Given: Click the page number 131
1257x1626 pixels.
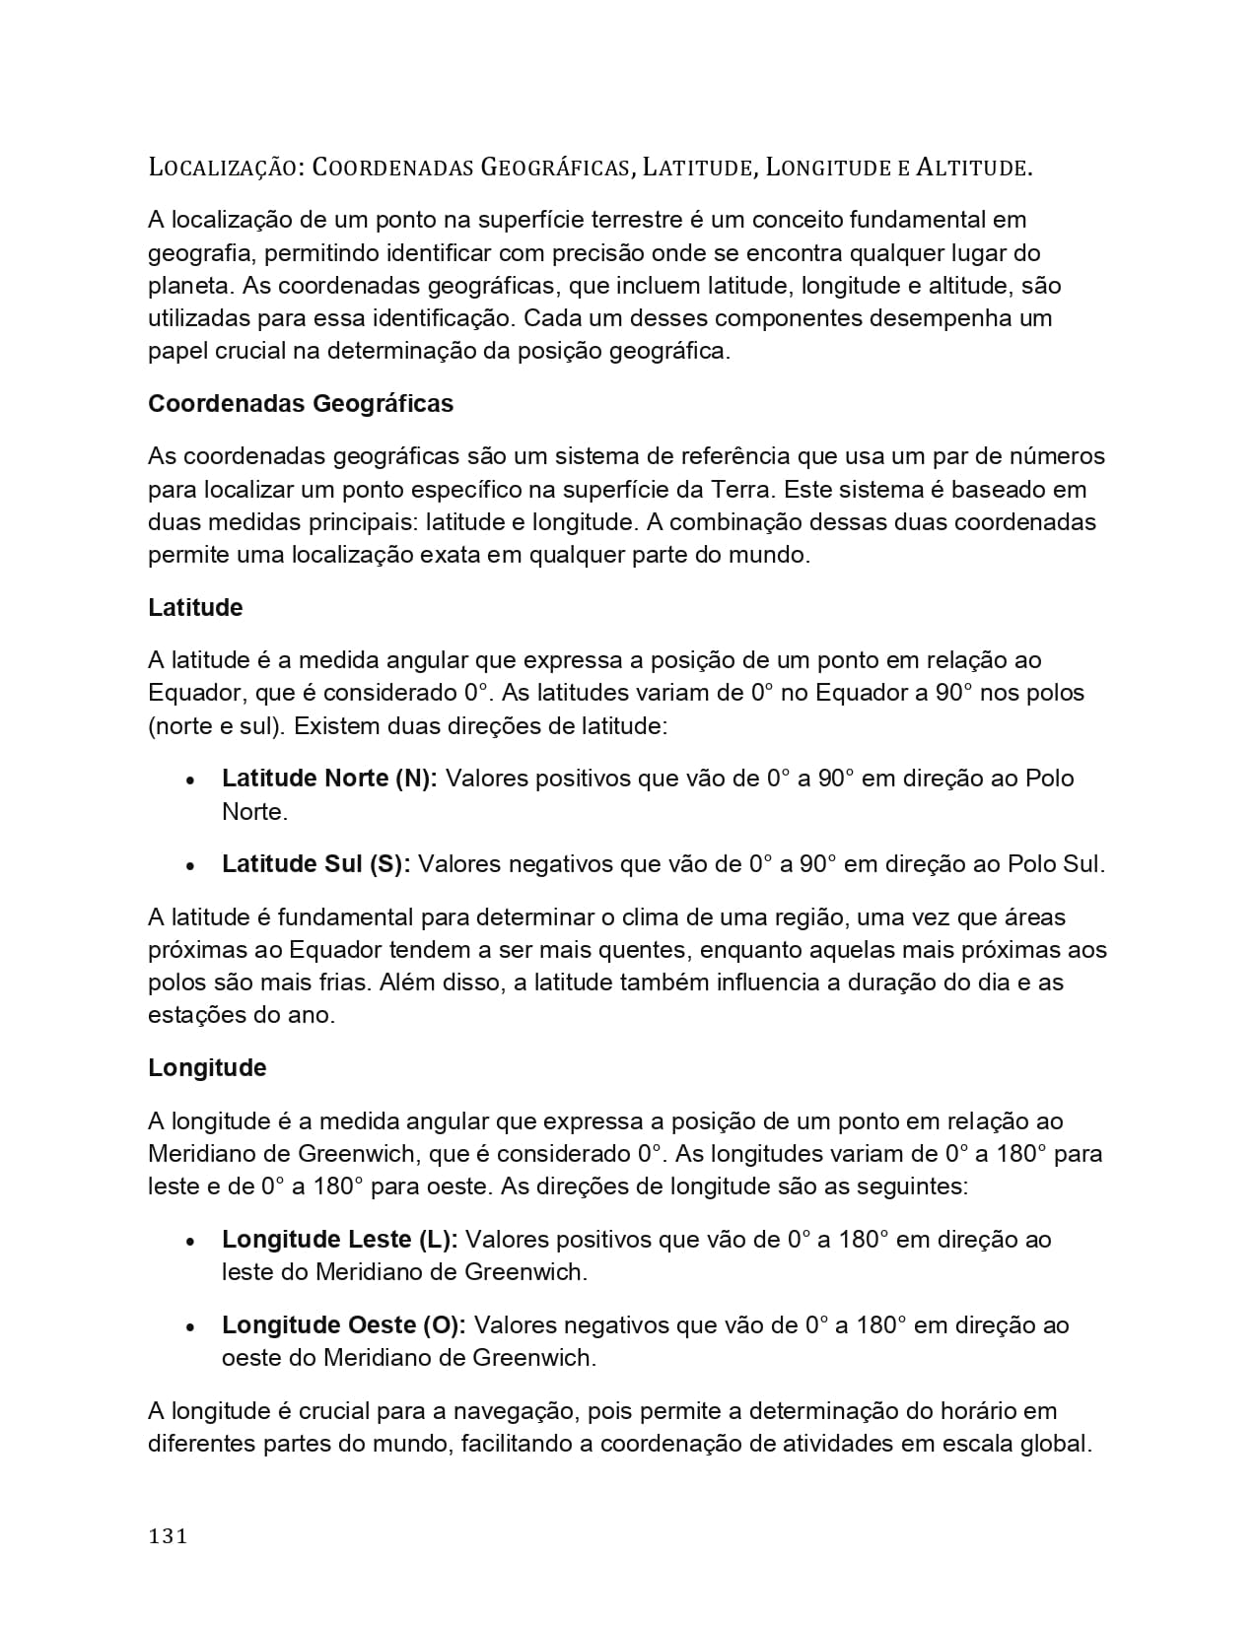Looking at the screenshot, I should coord(168,1535).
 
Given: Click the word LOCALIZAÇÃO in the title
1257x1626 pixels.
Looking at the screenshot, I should coord(225,168).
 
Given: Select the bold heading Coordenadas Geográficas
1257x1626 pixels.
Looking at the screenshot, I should coord(301,404).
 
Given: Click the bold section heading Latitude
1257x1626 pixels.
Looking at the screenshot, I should coord(195,608).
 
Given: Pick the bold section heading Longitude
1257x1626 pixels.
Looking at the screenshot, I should coord(207,1068).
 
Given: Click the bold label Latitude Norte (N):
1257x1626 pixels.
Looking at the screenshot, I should coord(329,779).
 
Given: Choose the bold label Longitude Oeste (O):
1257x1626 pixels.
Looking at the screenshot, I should coord(344,1324).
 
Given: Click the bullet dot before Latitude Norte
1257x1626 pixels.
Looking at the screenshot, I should coord(191,779).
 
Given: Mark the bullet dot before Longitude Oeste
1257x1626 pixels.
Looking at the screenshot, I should coord(191,1326).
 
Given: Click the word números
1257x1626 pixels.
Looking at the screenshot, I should coord(1057,456).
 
